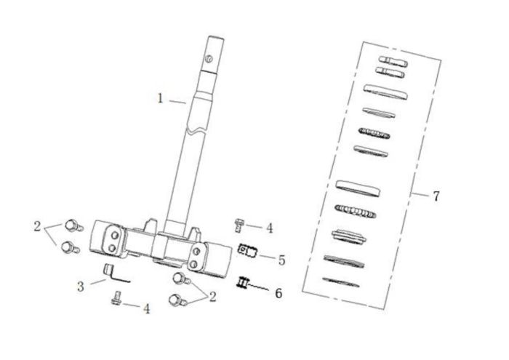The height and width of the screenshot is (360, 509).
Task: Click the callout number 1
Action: tap(160, 98)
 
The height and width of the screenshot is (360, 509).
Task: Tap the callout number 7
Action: tap(436, 196)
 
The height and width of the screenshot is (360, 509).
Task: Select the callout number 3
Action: tap(81, 287)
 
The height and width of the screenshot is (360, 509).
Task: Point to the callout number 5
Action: tap(281, 260)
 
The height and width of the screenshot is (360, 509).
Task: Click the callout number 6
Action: tap(278, 293)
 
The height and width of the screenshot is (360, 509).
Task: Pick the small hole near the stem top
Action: tap(209, 59)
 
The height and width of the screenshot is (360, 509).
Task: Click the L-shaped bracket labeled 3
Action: tap(114, 273)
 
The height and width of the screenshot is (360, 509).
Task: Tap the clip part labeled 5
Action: tap(248, 250)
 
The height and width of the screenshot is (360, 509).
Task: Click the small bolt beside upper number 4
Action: tap(239, 225)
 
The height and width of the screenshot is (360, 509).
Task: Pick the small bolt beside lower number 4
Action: tap(116, 298)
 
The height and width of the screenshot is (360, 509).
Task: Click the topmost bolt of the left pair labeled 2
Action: tap(74, 225)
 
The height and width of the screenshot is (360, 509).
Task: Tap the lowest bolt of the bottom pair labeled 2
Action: tap(177, 300)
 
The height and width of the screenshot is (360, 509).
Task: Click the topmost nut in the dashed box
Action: tap(393, 62)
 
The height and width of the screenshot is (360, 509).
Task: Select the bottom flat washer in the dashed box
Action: tap(341, 282)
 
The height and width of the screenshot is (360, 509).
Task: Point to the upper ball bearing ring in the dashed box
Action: tap(374, 133)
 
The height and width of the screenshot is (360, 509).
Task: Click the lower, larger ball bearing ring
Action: tap(356, 212)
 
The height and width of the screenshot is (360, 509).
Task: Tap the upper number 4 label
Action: tap(270, 228)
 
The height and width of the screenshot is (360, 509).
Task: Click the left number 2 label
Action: tap(37, 226)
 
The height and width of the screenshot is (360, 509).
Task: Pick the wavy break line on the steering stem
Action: tap(197, 130)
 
